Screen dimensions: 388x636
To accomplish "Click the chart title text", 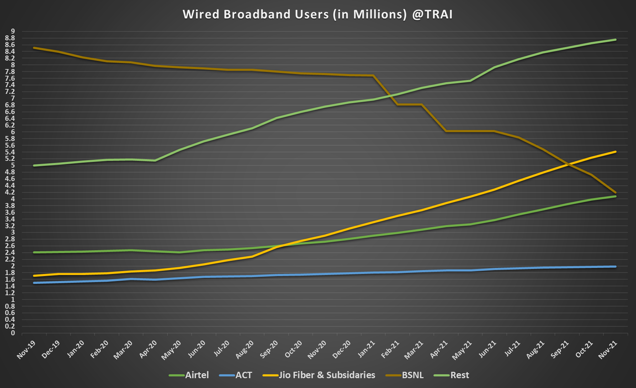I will pos(318,14).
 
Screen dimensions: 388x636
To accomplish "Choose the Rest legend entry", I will pos(460,375).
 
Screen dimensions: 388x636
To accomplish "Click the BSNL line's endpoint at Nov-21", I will pos(616,193).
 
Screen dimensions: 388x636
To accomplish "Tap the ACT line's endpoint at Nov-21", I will pos(616,267).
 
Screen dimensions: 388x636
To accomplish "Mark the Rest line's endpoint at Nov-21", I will pos(616,40).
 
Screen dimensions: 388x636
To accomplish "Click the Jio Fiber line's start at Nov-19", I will pos(33,276).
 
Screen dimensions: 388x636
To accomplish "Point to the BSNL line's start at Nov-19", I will pos(33,48).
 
